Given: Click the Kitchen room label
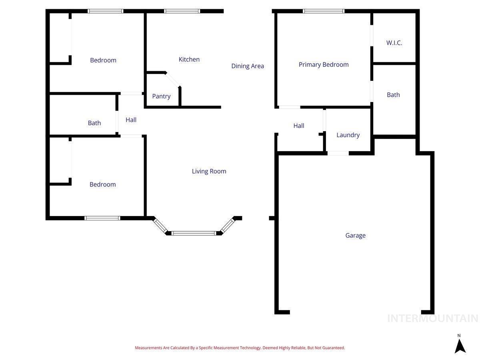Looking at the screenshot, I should [x=189, y=59].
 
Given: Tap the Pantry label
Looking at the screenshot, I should [x=161, y=96].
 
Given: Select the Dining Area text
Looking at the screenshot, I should [x=248, y=66].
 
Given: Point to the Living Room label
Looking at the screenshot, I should [x=209, y=171].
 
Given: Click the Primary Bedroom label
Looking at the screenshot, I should [x=324, y=64].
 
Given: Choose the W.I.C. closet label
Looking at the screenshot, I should [x=394, y=43].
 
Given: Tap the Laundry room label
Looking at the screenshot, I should [x=348, y=135].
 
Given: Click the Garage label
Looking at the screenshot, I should [x=355, y=235].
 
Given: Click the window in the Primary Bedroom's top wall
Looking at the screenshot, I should [x=324, y=11].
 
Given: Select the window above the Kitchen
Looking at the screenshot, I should [x=182, y=11].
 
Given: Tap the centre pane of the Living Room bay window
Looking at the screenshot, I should [x=194, y=233].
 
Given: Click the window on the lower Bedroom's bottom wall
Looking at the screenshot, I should [x=102, y=218].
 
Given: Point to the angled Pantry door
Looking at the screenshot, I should [x=173, y=79].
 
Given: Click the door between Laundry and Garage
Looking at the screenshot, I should [x=338, y=153].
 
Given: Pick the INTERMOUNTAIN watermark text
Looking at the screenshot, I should [x=432, y=318].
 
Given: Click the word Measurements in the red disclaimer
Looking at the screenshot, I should [x=148, y=348].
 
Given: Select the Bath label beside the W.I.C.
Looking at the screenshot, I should [x=393, y=95].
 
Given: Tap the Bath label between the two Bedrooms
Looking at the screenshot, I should [x=94, y=123].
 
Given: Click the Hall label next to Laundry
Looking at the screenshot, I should [x=299, y=126].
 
